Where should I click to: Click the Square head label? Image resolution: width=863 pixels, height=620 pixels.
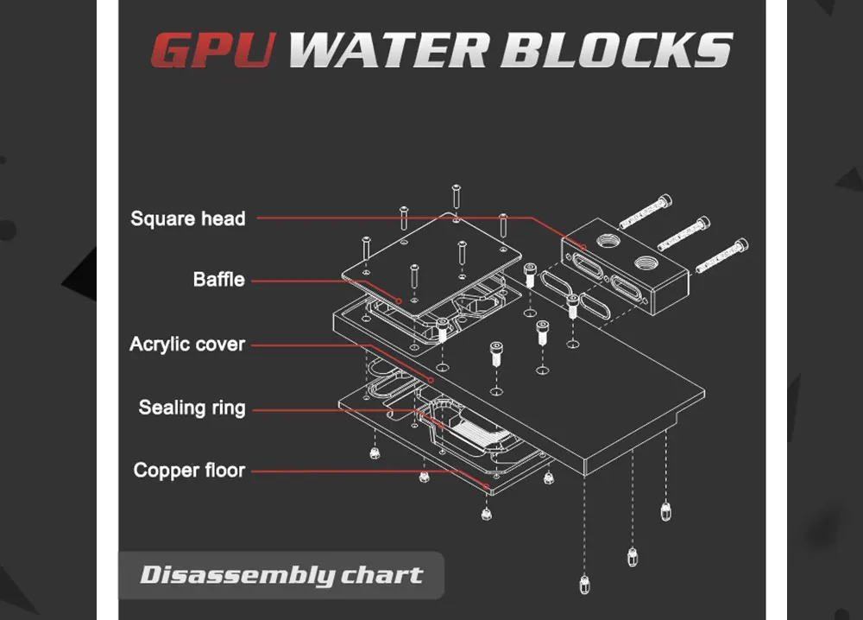pos(188,218)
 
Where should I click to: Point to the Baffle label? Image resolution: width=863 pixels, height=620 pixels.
pos(219,280)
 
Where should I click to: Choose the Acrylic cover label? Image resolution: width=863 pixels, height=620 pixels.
pos(187,345)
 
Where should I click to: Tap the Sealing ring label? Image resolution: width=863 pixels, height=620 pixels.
pos(192,408)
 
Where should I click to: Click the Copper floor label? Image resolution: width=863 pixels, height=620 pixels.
pos(189,471)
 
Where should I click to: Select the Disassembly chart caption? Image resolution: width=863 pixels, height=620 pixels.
pos(281,575)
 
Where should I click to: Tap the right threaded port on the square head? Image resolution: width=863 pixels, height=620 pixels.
pos(646,262)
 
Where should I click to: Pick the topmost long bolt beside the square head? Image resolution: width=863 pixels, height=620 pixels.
pos(645,210)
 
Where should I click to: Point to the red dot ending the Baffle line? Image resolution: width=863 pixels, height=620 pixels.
pos(398,301)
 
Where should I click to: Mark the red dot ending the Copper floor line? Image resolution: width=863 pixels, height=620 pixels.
pos(488,490)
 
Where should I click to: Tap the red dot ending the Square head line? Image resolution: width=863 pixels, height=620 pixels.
pos(584,248)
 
